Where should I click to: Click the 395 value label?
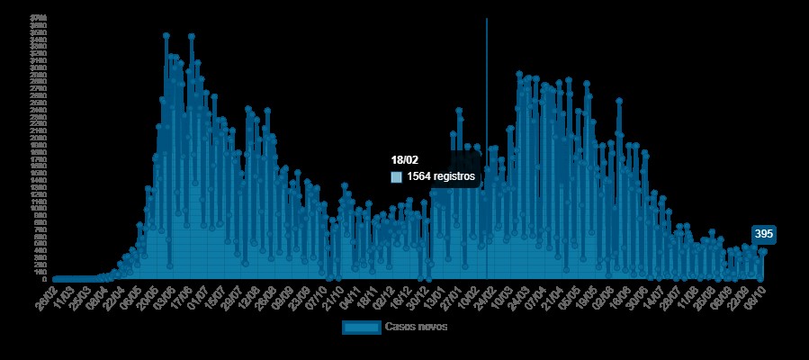[764, 234]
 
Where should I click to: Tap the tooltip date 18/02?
[404, 160]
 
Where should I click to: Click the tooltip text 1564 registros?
[440, 177]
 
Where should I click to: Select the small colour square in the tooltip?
[396, 177]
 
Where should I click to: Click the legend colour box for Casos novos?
[361, 327]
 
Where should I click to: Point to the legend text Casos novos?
[416, 327]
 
